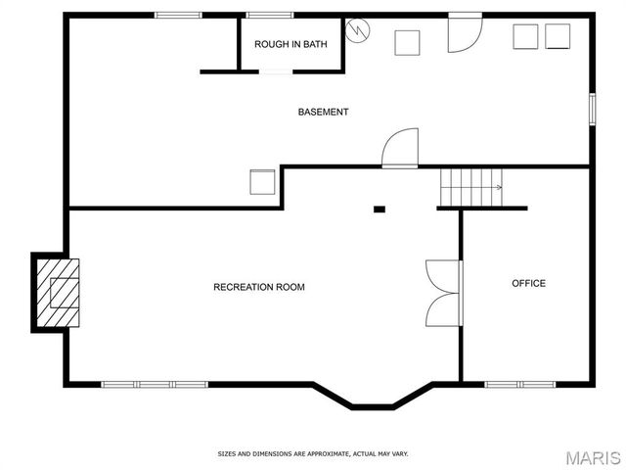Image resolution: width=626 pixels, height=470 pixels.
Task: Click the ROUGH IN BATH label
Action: [291, 44]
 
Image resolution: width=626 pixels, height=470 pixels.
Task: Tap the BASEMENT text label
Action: [323, 112]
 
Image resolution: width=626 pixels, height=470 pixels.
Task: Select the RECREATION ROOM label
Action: [259, 287]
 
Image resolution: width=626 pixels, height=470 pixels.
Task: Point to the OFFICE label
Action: [528, 283]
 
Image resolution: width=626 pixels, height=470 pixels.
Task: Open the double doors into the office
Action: [444, 293]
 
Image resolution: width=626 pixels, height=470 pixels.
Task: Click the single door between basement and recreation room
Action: [400, 151]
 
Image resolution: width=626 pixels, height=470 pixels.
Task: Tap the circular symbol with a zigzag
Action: [359, 31]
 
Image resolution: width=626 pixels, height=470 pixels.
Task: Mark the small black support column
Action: [380, 209]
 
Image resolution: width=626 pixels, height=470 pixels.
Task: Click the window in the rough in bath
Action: [269, 15]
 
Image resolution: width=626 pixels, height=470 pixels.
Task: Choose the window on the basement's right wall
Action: [592, 108]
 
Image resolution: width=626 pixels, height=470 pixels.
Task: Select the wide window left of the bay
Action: [155, 384]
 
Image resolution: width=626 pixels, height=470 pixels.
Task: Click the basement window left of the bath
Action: [178, 15]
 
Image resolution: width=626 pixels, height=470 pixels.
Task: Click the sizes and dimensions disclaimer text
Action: [312, 453]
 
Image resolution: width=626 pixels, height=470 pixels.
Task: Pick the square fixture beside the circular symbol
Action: [407, 42]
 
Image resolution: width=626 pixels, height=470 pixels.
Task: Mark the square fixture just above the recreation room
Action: [262, 183]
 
